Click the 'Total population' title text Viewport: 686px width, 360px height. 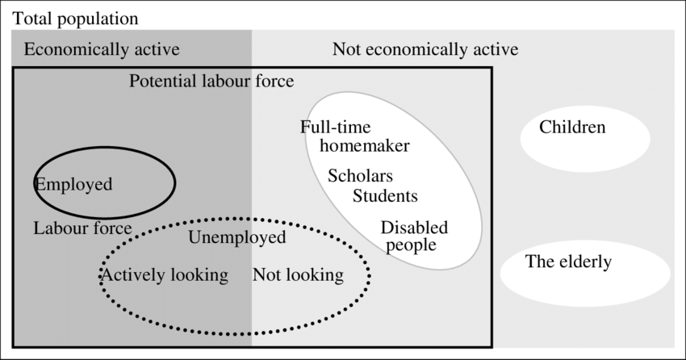point(76,18)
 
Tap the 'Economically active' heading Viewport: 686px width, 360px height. point(102,50)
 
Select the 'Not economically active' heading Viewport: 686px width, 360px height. point(425,50)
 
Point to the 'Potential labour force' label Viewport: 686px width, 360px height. point(211,82)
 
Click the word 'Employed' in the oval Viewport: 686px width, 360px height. point(73,184)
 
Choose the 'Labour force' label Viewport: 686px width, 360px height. point(82,228)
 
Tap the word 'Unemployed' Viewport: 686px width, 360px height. point(237,237)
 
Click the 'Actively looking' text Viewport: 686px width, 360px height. point(164,275)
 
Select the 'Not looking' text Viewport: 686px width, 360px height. point(298,275)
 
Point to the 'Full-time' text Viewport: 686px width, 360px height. point(335,128)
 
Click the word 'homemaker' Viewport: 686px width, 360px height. point(365,146)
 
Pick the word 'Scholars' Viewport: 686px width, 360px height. point(360,176)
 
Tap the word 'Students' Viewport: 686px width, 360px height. point(385,195)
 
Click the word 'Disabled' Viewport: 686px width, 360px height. point(414,228)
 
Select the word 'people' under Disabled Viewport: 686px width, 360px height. point(411,245)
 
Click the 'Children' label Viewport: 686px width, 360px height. point(572,128)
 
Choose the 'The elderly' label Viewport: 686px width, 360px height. point(568,262)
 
